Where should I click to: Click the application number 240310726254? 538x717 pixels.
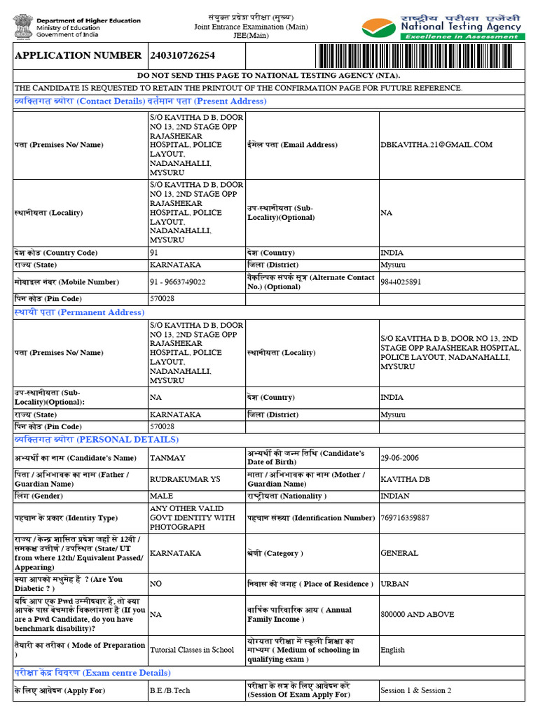pyautogui.click(x=182, y=55)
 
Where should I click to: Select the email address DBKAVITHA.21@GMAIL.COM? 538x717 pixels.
pyautogui.click(x=436, y=145)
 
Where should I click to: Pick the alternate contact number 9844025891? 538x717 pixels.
pyautogui.click(x=401, y=282)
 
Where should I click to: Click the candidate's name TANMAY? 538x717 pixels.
pyautogui.click(x=167, y=458)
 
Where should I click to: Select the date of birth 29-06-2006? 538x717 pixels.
pyautogui.click(x=399, y=458)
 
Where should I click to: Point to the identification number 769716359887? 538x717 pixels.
pyautogui.click(x=405, y=518)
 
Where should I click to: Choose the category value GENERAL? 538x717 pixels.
pyautogui.click(x=399, y=553)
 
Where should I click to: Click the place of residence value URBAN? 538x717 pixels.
pyautogui.click(x=395, y=584)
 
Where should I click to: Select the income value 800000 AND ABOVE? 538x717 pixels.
pyautogui.click(x=417, y=614)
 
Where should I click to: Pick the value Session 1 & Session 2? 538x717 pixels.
pyautogui.click(x=415, y=690)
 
